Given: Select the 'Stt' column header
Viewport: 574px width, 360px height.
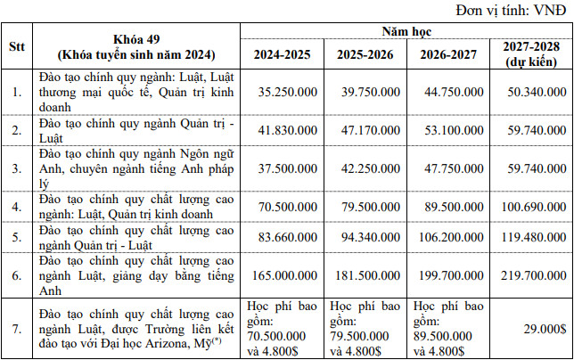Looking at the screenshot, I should (17, 46).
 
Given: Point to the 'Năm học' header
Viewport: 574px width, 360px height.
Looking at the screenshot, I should (406, 31).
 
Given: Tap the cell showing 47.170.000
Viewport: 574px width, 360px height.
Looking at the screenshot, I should (365, 127).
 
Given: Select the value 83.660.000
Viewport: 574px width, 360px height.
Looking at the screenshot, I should (283, 238).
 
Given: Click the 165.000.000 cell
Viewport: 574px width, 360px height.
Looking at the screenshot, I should (283, 275).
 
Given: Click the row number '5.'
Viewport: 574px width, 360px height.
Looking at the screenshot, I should (17, 238).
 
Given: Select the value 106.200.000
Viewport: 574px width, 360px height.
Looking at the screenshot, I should (447, 238).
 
